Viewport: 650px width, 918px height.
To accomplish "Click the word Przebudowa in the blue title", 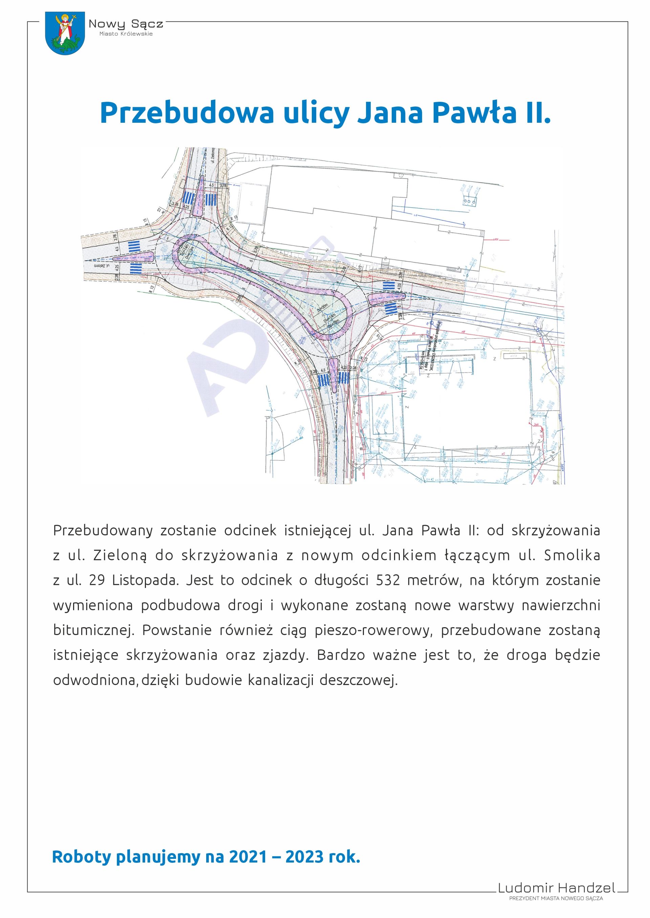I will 187,113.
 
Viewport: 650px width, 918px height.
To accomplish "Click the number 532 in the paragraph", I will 388,580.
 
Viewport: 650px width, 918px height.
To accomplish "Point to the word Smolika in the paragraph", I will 572,555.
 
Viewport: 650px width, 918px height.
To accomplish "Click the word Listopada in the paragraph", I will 145,580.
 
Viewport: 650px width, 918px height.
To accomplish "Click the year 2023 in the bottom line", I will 304,857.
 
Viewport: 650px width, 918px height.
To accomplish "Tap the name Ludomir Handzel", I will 556,888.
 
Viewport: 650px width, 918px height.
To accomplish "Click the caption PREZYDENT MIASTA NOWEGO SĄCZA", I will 556,898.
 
